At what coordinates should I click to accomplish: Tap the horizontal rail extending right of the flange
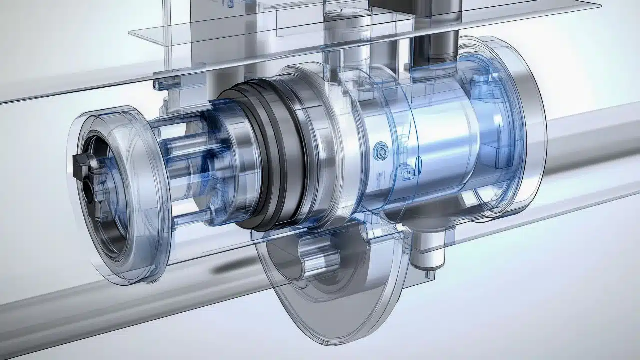pyautogui.click(x=590, y=145)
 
